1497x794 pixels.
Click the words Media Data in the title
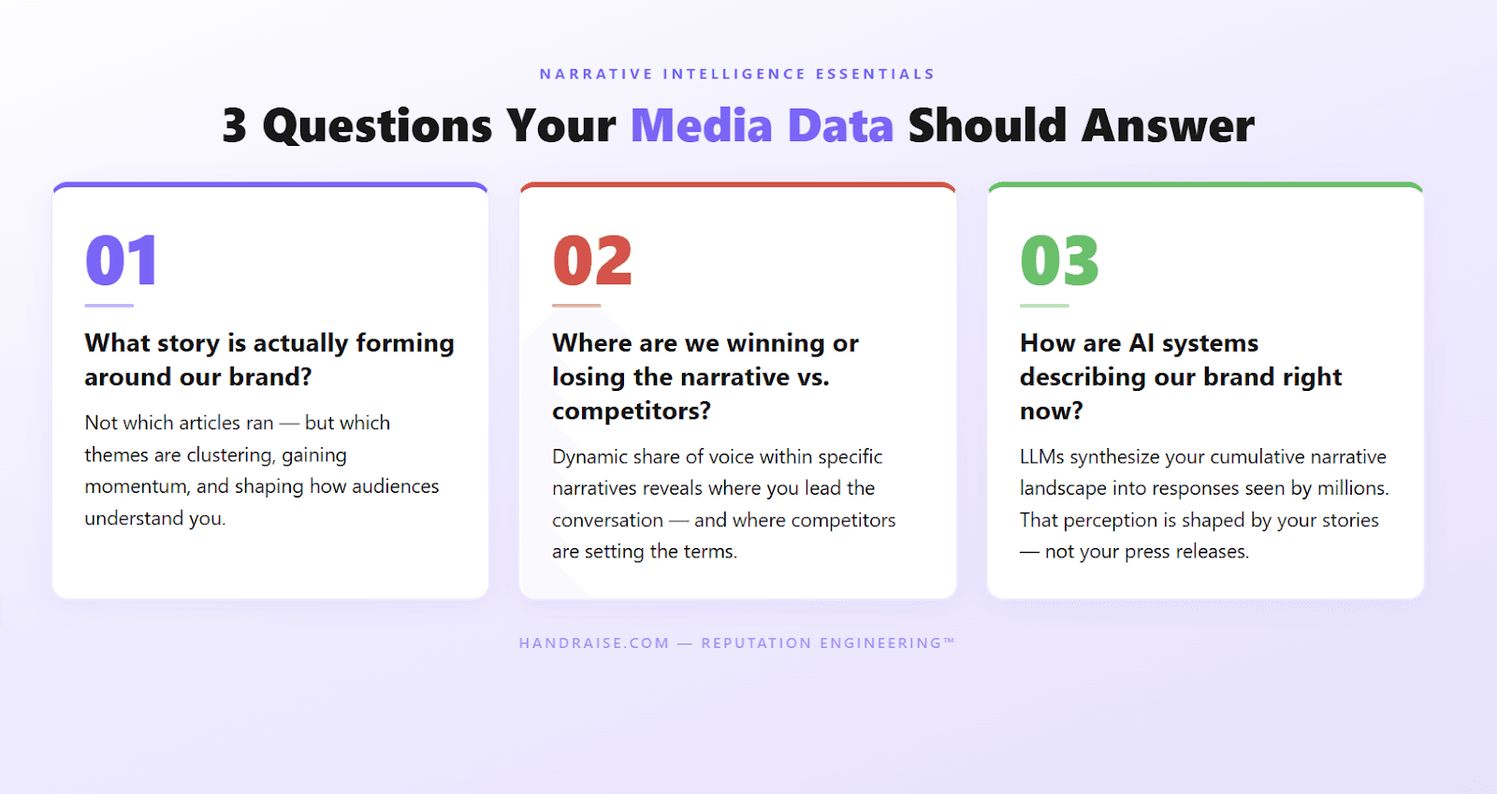click(762, 126)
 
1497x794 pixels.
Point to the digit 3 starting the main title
click(235, 126)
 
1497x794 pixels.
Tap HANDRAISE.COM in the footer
click(594, 643)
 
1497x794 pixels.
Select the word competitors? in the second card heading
click(632, 411)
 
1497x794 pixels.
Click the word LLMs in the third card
click(1041, 456)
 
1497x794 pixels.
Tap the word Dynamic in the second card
click(589, 456)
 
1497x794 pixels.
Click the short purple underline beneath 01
click(109, 306)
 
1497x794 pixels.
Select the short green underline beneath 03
click(1044, 306)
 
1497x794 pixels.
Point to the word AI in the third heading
click(1141, 343)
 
